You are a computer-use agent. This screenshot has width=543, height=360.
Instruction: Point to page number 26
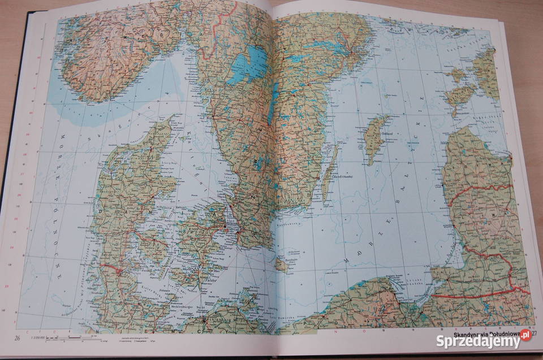(18, 338)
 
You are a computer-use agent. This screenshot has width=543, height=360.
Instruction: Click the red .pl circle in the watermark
(525, 335)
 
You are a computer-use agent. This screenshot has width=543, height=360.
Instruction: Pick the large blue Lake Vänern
(249, 63)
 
